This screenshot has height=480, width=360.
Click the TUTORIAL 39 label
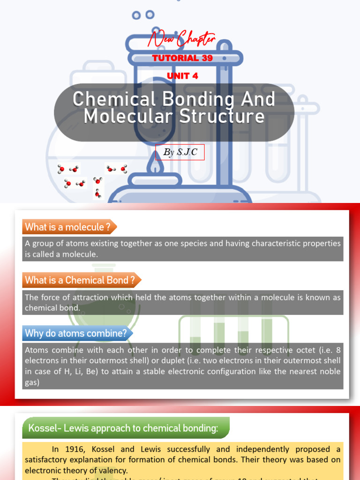(182, 58)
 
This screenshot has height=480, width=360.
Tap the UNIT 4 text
(182, 76)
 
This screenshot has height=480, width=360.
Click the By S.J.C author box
(180, 152)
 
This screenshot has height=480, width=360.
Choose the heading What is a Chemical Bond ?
(80, 280)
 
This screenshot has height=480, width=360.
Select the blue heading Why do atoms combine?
(76, 334)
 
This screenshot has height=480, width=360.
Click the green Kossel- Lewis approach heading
(123, 428)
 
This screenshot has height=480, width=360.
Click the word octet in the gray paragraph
(289, 350)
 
